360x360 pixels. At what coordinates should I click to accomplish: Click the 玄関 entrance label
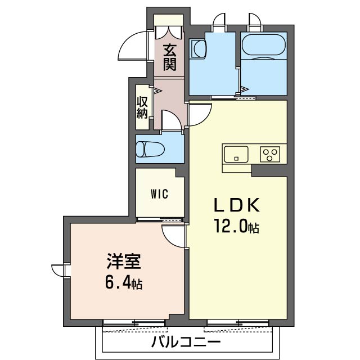coord(169,57)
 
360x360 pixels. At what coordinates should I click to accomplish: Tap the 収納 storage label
coord(142,107)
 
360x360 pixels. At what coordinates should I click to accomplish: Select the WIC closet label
coord(159,194)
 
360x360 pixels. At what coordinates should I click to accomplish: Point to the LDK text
coord(237,205)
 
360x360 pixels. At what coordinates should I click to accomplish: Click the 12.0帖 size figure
coord(237,226)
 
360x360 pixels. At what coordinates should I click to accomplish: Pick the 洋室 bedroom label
coord(124,261)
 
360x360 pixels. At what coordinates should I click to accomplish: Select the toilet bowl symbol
coord(150,149)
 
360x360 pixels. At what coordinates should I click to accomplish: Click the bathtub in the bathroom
coord(264,45)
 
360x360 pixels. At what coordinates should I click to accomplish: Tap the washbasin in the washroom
coord(199,49)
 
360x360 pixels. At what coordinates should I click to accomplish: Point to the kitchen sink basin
coord(236,154)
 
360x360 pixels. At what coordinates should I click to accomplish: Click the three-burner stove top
coord(270,154)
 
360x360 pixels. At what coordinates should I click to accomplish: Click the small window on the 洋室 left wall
coord(60,271)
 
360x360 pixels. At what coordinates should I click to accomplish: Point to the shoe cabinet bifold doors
coord(169,32)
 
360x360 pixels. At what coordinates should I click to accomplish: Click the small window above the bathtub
coord(255,22)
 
